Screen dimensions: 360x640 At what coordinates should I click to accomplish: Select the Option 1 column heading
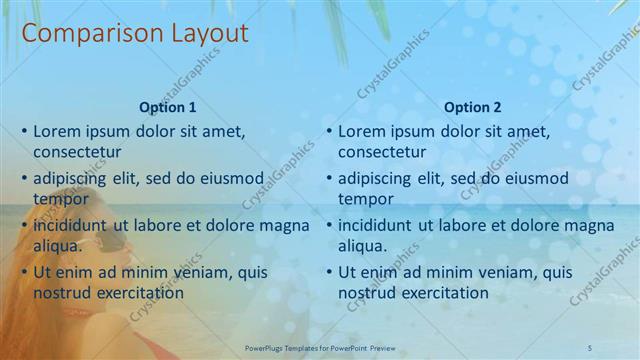[167, 107]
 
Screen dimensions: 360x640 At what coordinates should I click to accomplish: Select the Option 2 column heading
[472, 107]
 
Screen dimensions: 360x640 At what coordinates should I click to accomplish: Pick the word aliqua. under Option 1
[58, 246]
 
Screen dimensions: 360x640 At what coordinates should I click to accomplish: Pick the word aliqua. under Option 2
[363, 246]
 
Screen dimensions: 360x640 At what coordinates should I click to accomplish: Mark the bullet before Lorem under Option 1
[24, 131]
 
